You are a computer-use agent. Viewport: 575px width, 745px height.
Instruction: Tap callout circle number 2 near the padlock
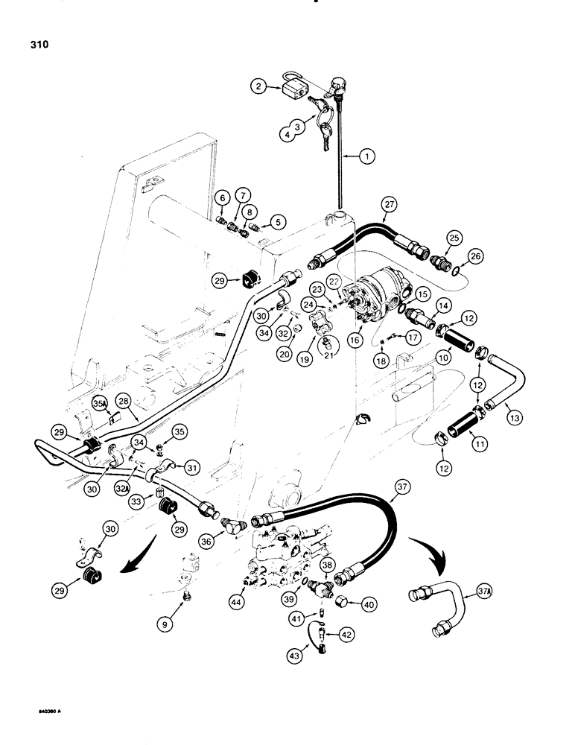pyautogui.click(x=261, y=87)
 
